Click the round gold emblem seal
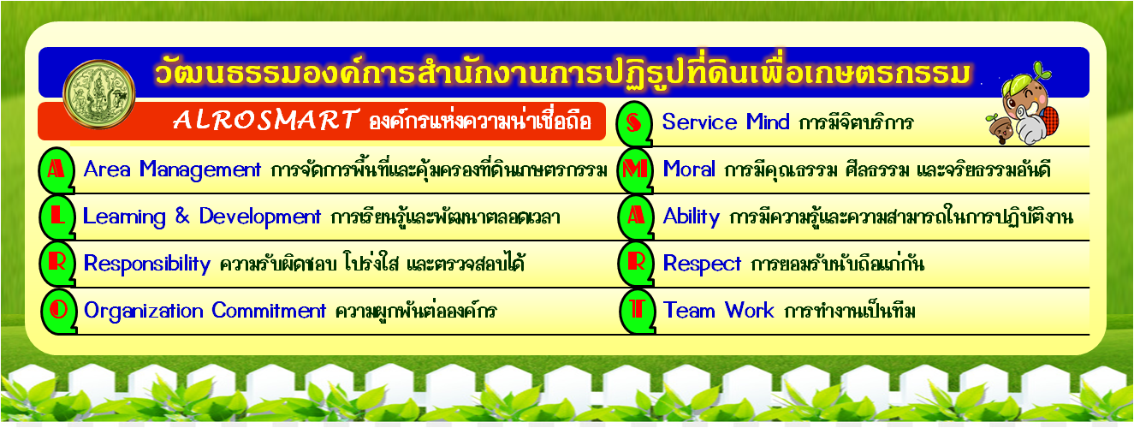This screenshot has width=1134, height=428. click(99, 94)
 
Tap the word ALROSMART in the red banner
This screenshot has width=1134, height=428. click(266, 120)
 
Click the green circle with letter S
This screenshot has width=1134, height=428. click(634, 123)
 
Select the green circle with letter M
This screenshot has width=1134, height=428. click(635, 170)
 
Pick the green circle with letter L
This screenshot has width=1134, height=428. click(57, 217)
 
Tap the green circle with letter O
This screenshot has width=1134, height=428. click(59, 311)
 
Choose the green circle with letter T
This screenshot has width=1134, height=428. click(638, 311)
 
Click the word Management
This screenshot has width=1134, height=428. click(200, 170)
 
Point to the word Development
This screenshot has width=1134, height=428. click(259, 217)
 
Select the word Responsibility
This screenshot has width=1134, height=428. click(147, 264)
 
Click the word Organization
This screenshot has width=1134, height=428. click(143, 311)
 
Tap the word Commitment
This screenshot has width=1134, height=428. click(269, 311)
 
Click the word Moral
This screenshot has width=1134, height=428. click(689, 169)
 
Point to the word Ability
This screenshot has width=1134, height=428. click(692, 217)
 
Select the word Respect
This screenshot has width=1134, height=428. click(702, 264)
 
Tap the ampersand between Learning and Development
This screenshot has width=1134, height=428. click(182, 217)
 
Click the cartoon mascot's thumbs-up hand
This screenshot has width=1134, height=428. click(1030, 128)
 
